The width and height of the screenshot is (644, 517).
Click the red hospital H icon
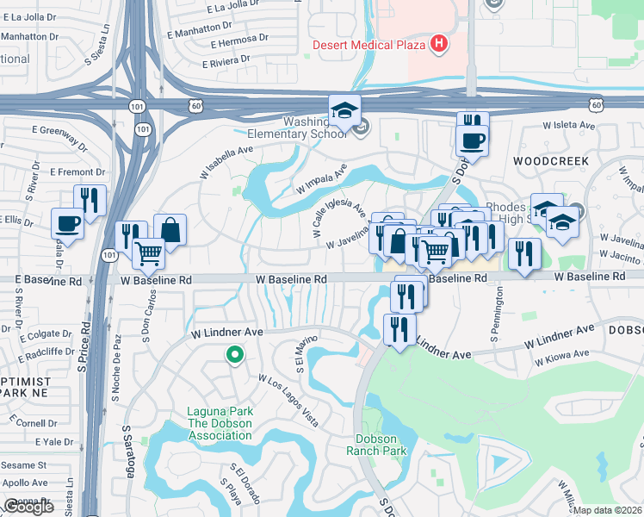click(x=440, y=44)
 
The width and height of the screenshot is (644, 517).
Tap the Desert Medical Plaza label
click(x=371, y=45)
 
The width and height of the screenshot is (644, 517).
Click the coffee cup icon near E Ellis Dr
click(x=68, y=225)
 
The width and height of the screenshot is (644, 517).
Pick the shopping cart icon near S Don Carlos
click(x=149, y=254)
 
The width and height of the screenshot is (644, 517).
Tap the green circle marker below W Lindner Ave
click(x=232, y=354)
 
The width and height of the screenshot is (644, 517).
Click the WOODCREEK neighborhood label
click(x=550, y=161)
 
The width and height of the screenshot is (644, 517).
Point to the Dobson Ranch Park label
click(x=376, y=445)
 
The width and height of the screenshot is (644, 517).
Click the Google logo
click(x=28, y=507)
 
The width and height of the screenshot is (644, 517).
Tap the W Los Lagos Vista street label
click(x=289, y=402)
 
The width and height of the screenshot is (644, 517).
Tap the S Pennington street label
click(x=497, y=313)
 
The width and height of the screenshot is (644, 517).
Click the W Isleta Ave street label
click(x=569, y=125)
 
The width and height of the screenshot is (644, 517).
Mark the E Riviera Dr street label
click(x=226, y=61)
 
